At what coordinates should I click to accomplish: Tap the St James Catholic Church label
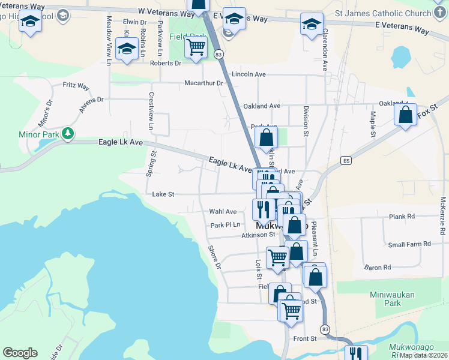(x=383, y=13)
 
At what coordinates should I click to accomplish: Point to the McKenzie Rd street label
(x=442, y=215)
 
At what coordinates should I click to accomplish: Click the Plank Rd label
(x=402, y=217)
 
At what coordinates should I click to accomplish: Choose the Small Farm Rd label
(x=409, y=244)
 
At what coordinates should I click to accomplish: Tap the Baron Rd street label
(x=378, y=267)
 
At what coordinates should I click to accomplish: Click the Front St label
(x=305, y=339)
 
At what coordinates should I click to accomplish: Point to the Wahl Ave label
(x=223, y=211)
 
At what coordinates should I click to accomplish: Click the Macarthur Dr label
(x=203, y=83)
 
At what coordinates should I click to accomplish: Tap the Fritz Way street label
(x=76, y=86)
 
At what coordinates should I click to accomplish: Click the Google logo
(x=20, y=353)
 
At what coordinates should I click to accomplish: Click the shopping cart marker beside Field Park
(x=196, y=47)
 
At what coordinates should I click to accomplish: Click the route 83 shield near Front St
(x=325, y=329)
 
